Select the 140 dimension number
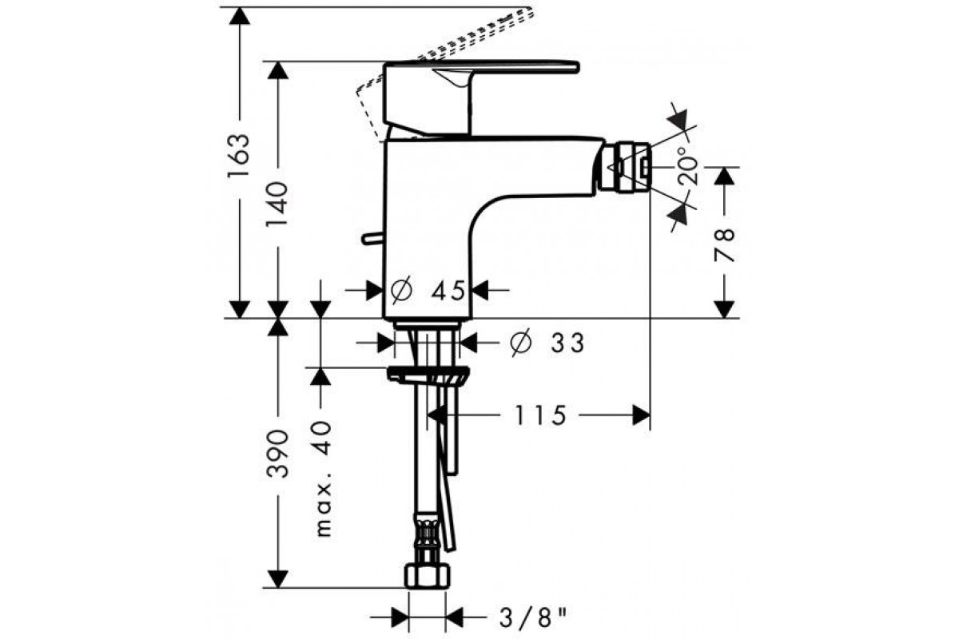pos(277,204)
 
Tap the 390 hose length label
pos(277,454)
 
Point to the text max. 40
pos(324,479)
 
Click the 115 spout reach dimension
pos(540,415)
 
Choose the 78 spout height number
pos(724,244)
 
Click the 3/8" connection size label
pos(532,618)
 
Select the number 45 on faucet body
pos(448,291)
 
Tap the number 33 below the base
pos(567,343)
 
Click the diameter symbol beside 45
pos(401,290)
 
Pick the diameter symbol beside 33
pos(521,343)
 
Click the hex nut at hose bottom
pos(428,577)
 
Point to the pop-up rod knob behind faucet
pos(372,238)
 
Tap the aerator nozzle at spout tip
pos(625,166)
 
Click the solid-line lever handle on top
pos(481,98)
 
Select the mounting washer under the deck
pos(428,375)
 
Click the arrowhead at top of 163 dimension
pos(239,16)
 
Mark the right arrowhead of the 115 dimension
pos(641,415)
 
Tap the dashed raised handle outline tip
pos(531,12)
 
